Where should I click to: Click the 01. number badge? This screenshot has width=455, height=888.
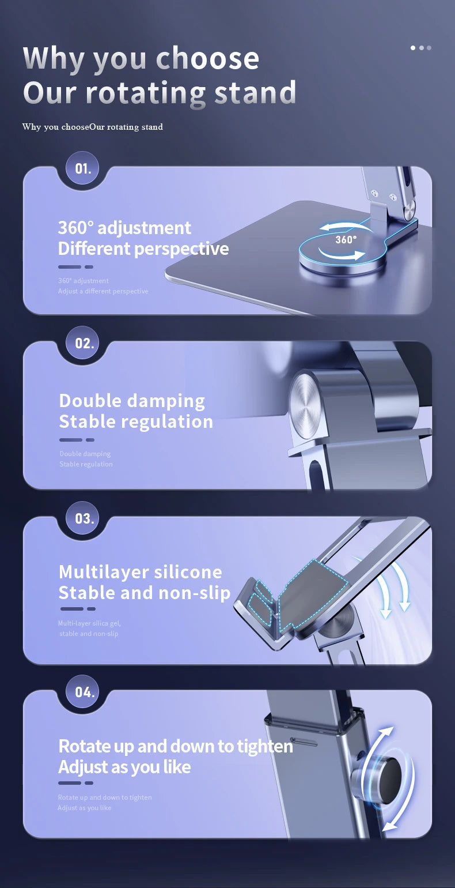coord(83,169)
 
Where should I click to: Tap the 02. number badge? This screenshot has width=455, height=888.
coord(84,343)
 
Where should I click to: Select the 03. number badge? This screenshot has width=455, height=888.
coord(84,518)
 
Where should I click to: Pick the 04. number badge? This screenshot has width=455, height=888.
coord(84,692)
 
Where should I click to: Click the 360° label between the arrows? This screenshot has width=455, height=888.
coord(346,240)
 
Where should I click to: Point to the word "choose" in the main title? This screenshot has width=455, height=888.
coord(207,59)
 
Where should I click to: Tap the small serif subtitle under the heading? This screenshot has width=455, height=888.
coord(93,127)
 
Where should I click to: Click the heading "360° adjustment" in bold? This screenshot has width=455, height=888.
coord(124,228)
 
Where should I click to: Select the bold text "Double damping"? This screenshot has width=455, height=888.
coord(132,400)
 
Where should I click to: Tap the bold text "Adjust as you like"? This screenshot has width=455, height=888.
coord(124,767)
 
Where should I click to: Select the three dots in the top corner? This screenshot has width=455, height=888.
coord(421,48)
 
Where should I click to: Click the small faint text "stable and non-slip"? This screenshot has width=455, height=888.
coord(89,634)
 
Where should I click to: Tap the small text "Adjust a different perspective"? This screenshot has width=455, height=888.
coord(103,291)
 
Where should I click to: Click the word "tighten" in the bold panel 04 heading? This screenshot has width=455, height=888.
coord(265,746)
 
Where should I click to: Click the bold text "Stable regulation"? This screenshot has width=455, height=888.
coord(136,422)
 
